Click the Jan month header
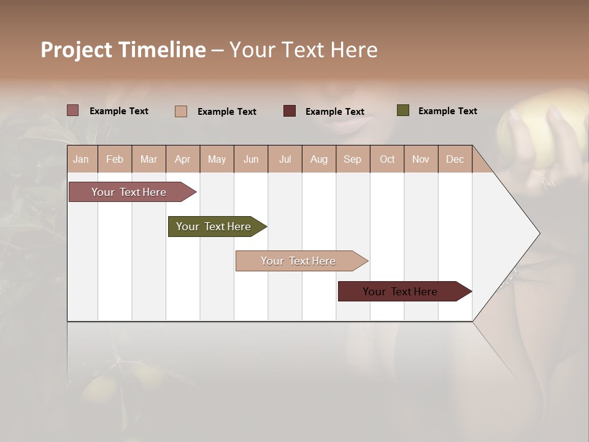point(81,160)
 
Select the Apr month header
point(182,160)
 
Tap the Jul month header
point(285,160)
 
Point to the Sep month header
point(352,160)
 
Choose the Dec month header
point(455,160)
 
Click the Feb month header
point(115,160)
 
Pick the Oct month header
point(387,160)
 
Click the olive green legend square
point(403,110)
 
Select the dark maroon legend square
point(290,110)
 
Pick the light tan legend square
point(181,111)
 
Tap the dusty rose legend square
point(73,110)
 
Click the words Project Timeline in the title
point(123,50)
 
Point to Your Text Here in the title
point(303,50)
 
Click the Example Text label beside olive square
point(447,111)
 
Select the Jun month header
point(251,160)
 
